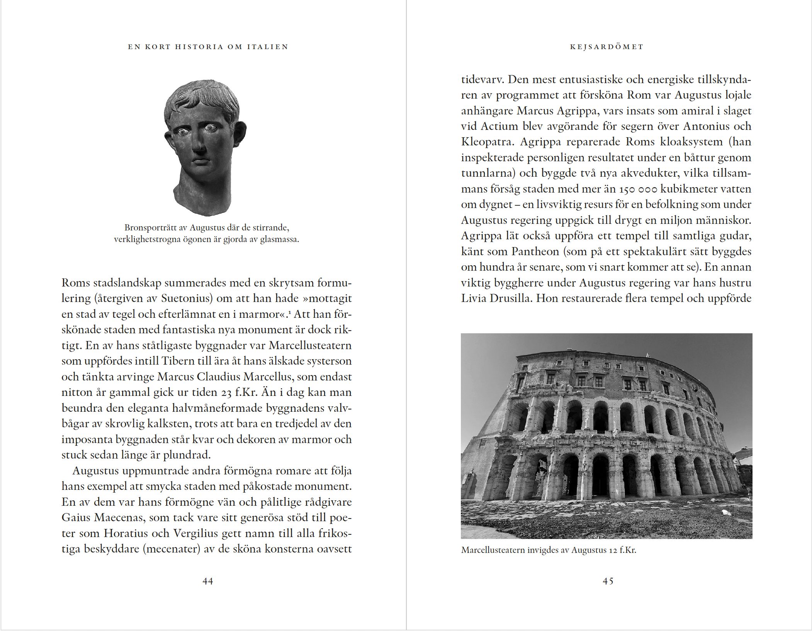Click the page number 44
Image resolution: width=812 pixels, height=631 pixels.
click(208, 581)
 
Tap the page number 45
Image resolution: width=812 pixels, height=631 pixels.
click(608, 581)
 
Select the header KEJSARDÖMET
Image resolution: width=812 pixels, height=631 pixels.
click(606, 47)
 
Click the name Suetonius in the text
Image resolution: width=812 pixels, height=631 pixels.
click(186, 298)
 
